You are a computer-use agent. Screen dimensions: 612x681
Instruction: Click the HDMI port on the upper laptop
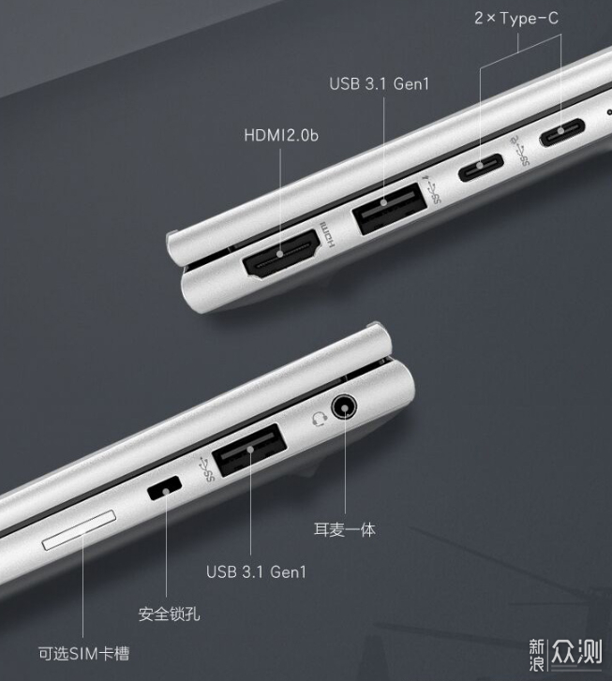pyautogui.click(x=282, y=254)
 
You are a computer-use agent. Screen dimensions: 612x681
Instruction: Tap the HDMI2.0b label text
pyautogui.click(x=281, y=135)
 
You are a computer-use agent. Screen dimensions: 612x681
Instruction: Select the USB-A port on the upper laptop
pyautogui.click(x=389, y=209)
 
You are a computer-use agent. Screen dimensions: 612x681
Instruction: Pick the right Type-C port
pyautogui.click(x=562, y=132)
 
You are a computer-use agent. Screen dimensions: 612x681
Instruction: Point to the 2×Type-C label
pyautogui.click(x=516, y=18)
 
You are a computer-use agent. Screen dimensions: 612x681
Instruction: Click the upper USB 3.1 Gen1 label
pyautogui.click(x=379, y=83)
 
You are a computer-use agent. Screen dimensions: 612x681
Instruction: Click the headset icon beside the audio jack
pyautogui.click(x=319, y=420)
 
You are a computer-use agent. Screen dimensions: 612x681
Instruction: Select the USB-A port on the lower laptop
pyautogui.click(x=249, y=450)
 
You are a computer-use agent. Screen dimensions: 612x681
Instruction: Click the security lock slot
pyautogui.click(x=164, y=488)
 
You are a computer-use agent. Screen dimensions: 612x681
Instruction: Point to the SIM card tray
pyautogui.click(x=80, y=530)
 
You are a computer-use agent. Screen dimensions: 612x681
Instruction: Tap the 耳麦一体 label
pyautogui.click(x=345, y=530)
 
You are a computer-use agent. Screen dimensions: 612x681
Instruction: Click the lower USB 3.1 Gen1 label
pyautogui.click(x=256, y=571)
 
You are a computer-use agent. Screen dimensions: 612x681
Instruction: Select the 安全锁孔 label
pyautogui.click(x=169, y=614)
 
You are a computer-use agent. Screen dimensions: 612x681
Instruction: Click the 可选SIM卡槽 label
pyautogui.click(x=84, y=653)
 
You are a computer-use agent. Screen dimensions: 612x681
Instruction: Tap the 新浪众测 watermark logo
pyautogui.click(x=566, y=654)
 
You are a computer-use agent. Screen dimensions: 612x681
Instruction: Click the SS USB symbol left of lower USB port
pyautogui.click(x=205, y=470)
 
